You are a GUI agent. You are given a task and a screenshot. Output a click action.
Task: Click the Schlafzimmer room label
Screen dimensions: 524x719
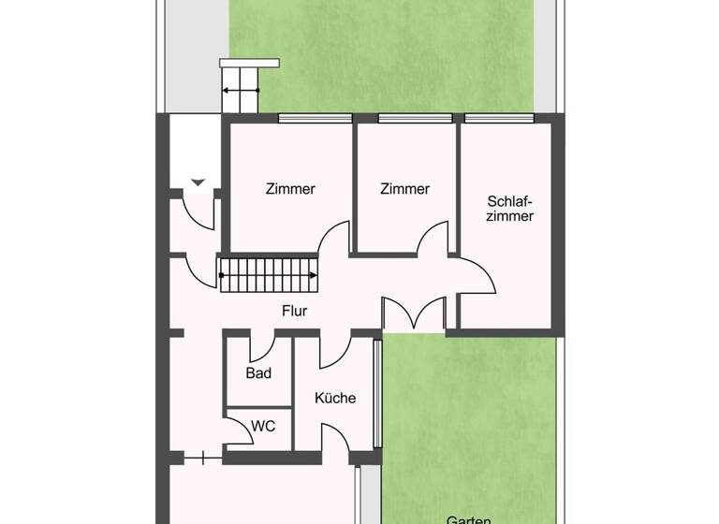(x=510, y=208)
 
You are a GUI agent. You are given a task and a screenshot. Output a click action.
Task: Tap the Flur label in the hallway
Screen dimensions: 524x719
(x=295, y=311)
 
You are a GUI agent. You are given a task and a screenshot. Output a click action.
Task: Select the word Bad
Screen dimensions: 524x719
(x=258, y=373)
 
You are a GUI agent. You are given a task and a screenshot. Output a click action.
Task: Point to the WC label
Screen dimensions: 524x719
(x=263, y=426)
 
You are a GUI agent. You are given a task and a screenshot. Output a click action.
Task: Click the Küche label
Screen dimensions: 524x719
(x=335, y=398)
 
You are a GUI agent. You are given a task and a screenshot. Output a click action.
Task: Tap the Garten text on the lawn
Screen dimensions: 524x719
(x=469, y=517)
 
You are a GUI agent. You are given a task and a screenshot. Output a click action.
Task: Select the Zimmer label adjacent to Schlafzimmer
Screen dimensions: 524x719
(x=404, y=189)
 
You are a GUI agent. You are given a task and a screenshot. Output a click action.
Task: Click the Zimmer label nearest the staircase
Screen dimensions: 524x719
(x=290, y=189)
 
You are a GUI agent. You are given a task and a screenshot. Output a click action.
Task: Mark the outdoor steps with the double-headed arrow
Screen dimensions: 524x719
(x=240, y=91)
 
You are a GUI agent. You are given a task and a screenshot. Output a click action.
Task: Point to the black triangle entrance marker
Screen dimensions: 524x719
(x=197, y=182)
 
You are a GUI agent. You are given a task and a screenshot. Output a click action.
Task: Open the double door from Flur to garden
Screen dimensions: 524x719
(x=413, y=314)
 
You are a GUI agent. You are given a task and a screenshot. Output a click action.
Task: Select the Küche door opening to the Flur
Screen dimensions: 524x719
(x=334, y=349)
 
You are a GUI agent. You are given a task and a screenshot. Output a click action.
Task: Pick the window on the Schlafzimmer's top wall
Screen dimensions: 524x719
(x=506, y=118)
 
